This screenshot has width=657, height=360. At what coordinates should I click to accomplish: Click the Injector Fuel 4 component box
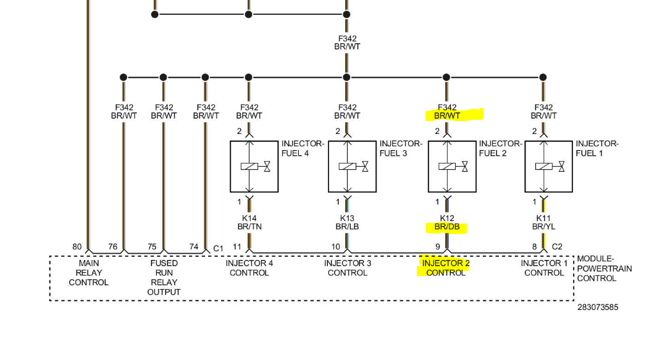point(253,166)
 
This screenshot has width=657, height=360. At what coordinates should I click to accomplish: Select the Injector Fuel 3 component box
point(351,166)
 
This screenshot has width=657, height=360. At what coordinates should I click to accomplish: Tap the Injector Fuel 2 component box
point(451,166)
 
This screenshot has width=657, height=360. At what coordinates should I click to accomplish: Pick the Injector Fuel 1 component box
point(548,166)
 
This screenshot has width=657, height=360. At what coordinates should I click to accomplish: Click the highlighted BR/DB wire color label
point(446,227)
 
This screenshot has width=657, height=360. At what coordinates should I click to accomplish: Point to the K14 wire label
point(249,218)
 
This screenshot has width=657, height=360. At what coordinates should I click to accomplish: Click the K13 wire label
point(347,218)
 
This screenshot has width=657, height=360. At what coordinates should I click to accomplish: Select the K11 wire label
point(543,218)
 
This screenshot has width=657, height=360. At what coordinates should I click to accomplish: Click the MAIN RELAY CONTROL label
point(88,272)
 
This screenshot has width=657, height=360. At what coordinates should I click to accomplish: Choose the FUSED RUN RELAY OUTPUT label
point(164,277)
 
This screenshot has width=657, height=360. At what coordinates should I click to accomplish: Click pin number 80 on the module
point(77,247)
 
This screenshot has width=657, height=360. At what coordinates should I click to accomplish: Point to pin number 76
point(112,247)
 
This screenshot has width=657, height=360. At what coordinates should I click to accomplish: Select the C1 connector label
point(218,248)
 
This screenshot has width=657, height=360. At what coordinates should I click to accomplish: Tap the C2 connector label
point(557,247)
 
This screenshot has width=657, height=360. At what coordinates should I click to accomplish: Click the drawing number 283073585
point(598,307)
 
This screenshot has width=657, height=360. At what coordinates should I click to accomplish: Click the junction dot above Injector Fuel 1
point(543,77)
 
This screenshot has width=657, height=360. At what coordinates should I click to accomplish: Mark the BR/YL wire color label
point(543,227)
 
